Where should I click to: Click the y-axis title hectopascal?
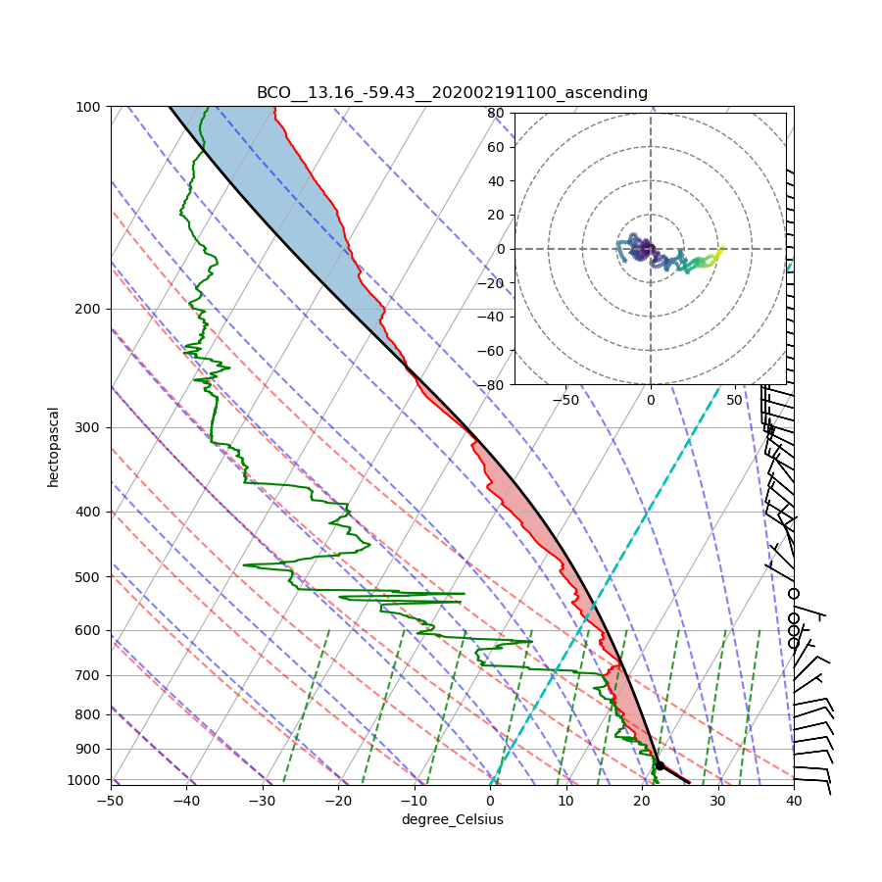click(53, 446)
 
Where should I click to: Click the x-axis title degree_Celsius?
click(452, 819)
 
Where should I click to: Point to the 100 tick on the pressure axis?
click(90, 106)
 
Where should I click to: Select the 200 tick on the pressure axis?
click(90, 309)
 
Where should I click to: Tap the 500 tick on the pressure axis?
click(90, 576)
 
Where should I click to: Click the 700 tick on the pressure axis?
click(90, 675)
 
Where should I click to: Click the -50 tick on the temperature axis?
click(110, 801)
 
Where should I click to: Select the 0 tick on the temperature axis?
click(490, 801)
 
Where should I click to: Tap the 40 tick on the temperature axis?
click(794, 801)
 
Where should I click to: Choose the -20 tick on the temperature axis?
click(338, 801)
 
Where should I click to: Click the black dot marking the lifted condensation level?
click(660, 765)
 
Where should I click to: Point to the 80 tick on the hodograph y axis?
click(496, 113)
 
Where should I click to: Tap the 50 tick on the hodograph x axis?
click(735, 401)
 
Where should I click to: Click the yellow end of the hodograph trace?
click(722, 249)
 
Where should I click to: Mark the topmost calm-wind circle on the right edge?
click(794, 594)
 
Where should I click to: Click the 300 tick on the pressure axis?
click(90, 427)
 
